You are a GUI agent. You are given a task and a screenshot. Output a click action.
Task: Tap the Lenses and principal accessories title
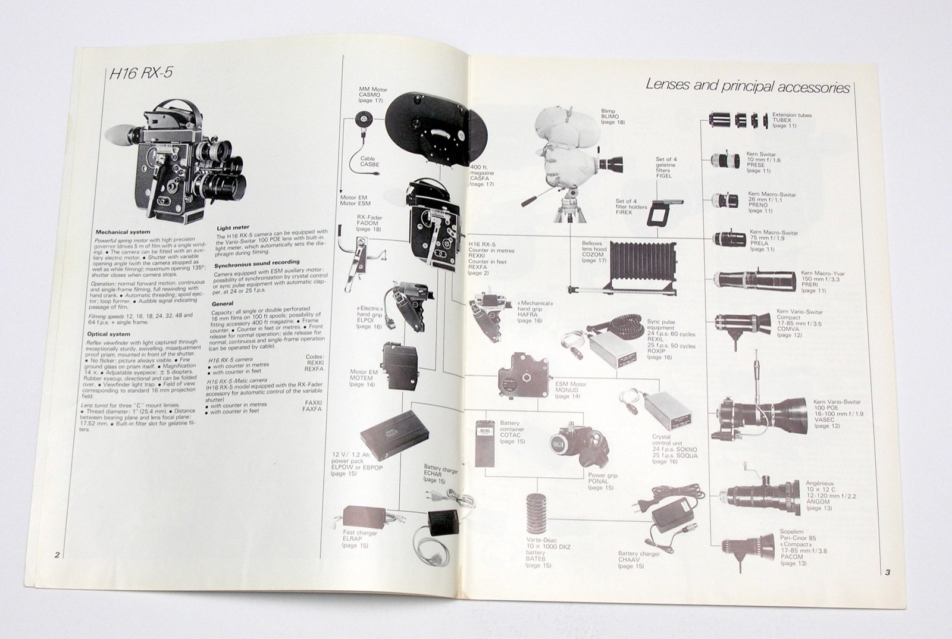click(747, 86)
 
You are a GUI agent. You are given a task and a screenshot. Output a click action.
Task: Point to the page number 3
click(887, 573)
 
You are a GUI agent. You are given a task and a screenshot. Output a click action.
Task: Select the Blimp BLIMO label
click(612, 116)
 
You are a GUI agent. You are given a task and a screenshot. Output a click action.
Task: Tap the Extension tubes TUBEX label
click(791, 120)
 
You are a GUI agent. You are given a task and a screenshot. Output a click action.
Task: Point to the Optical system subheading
click(113, 334)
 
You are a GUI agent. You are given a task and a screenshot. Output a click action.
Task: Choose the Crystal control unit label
click(674, 449)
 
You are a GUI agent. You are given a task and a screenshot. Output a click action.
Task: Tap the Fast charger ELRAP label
click(360, 538)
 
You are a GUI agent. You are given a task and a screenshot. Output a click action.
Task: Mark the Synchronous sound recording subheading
click(256, 262)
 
